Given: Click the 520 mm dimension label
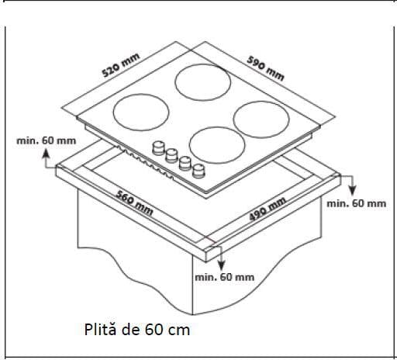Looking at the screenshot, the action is pos(121,65).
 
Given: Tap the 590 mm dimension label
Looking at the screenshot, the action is pos(265,68).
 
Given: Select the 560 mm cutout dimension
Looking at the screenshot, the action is pos(134,203).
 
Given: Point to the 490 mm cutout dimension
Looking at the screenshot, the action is pos(268,209).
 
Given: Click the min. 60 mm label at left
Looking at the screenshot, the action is pos(47,140).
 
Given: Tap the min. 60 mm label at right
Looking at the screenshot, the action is pos(357,203).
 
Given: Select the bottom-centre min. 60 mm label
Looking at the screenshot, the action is pos(225,277).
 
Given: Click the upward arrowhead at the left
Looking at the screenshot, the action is pos(46,153).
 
